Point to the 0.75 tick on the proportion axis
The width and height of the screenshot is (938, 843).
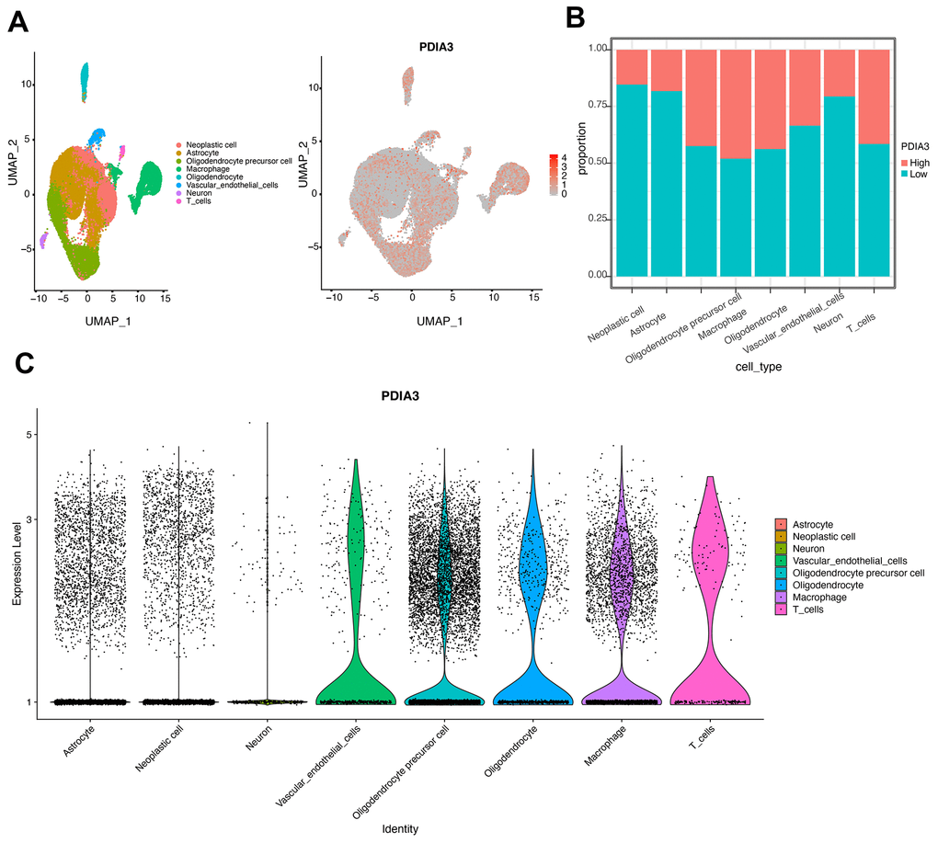click(x=572, y=105)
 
